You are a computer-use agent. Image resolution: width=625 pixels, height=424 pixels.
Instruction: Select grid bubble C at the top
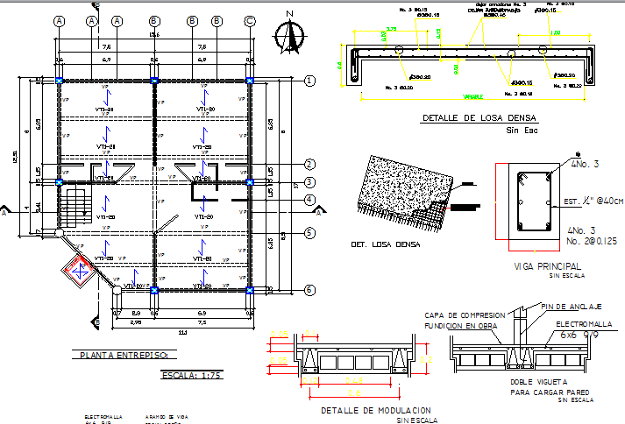coord(250,20)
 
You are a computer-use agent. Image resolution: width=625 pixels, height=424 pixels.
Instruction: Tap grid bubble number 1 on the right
coord(309,81)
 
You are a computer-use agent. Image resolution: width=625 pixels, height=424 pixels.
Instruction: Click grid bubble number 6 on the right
coord(309,289)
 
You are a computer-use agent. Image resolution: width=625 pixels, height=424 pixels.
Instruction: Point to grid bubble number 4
coord(309,200)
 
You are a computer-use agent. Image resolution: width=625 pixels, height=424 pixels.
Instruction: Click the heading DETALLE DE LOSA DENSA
coord(479,117)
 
